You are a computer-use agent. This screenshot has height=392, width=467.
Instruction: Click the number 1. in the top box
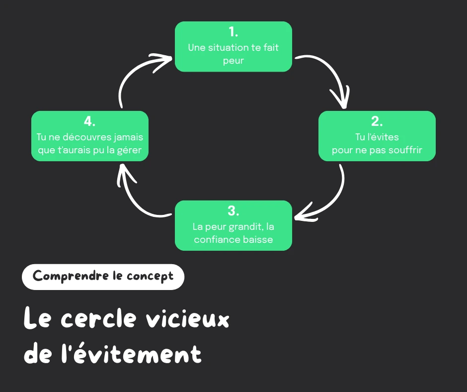point(233,32)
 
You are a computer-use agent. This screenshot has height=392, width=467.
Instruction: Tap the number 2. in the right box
point(377,122)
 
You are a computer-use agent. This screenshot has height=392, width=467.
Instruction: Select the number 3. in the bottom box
point(233,211)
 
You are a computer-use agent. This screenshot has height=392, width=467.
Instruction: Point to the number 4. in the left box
point(89,121)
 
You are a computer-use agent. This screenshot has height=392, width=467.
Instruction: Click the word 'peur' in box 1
point(233,61)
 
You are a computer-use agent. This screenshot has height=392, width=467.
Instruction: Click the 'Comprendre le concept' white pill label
point(103,277)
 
